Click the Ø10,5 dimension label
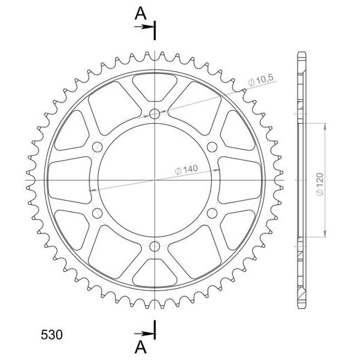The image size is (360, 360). coord(261,80)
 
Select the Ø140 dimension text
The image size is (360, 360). coord(186,170)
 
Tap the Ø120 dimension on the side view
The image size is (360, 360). coord(321,184)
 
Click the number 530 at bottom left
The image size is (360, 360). coord(52,335)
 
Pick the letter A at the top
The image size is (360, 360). coord(141,13)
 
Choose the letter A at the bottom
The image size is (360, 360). coord(141,348)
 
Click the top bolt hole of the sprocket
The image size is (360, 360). coord(154,114)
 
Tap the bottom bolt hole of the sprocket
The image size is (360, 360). coord(154,246)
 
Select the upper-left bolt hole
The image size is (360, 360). coord(97,147)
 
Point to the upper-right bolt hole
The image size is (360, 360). coord(212,147)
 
